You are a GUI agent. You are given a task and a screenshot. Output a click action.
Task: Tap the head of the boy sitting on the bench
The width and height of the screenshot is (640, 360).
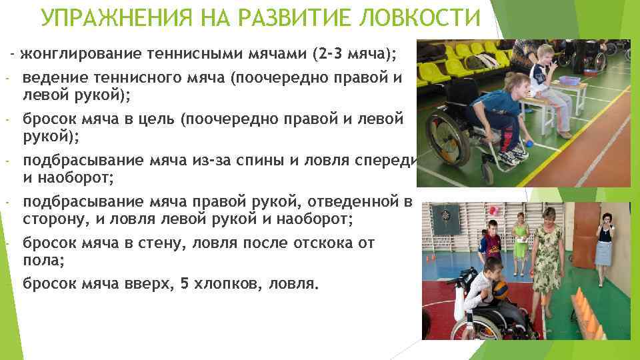pos(545,55)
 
